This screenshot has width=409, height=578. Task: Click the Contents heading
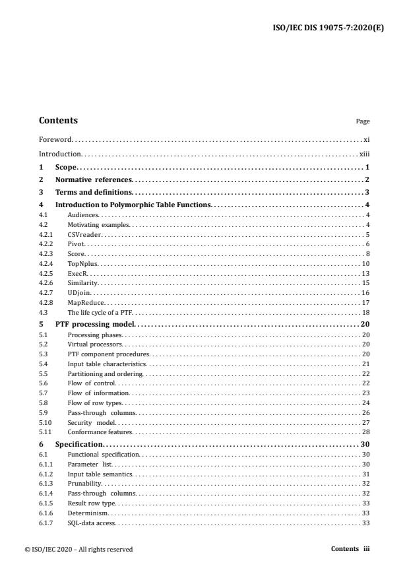pos(58,121)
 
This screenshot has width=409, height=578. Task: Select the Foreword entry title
pos(55,140)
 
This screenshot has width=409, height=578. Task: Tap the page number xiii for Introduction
pos(364,154)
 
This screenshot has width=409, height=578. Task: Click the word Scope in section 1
pos(66,168)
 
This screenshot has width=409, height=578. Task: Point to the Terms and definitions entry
pos(94,192)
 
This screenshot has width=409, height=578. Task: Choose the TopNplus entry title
pos(82,263)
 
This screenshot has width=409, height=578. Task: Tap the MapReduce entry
pos(84,302)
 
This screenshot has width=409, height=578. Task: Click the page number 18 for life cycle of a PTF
pos(365,311)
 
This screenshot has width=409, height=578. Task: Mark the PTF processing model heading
pos(94,325)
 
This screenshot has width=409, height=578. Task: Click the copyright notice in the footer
pos(86,549)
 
